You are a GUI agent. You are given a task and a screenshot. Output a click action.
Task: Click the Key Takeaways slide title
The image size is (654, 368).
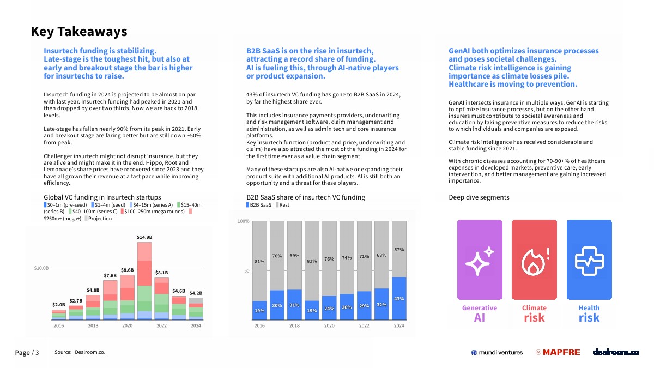(79, 32)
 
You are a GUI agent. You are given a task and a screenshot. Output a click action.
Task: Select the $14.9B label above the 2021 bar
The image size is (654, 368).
(144, 237)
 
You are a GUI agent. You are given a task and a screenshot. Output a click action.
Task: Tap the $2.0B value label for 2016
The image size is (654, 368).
(58, 304)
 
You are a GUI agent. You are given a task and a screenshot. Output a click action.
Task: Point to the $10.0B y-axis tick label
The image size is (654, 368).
(41, 268)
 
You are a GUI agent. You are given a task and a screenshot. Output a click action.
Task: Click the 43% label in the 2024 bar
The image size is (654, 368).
(399, 299)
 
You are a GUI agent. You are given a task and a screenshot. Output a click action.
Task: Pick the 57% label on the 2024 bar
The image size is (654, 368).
(399, 250)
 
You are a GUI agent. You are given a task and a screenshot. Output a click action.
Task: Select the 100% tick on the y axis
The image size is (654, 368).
(243, 221)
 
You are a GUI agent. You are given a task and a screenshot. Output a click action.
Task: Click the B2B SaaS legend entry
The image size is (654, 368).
(259, 205)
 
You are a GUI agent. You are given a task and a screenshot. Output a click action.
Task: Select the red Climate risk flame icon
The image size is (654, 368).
(534, 260)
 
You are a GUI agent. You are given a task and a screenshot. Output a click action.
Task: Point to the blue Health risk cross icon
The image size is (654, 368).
(589, 260)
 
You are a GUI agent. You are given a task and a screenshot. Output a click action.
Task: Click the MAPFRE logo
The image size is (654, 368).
(558, 352)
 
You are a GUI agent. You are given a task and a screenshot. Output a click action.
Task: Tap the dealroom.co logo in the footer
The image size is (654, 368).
(616, 352)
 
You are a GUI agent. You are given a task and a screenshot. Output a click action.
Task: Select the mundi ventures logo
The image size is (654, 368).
(496, 352)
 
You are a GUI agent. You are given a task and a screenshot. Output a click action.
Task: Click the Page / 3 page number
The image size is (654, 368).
(27, 353)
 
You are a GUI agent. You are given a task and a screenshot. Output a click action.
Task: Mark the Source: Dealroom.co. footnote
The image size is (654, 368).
(80, 352)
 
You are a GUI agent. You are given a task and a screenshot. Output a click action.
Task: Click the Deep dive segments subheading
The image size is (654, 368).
(479, 197)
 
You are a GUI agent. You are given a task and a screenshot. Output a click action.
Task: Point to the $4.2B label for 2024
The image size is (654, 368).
(196, 293)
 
